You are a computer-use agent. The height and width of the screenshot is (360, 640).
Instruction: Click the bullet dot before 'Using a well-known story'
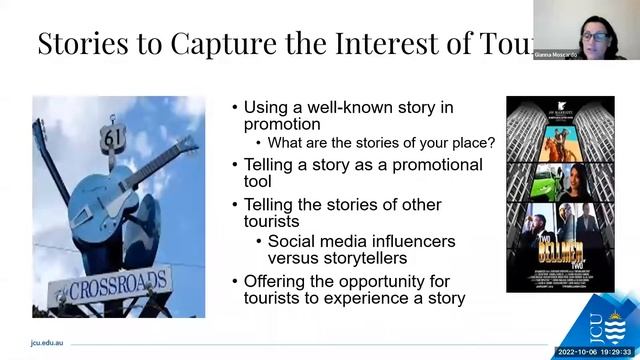235,108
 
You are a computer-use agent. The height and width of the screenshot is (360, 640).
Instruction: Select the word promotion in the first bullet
282,124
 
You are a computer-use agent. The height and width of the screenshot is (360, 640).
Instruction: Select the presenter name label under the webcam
585,54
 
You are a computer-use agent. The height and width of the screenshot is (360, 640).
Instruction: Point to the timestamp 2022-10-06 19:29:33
594,351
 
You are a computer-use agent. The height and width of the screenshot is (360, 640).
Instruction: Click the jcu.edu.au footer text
49,341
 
